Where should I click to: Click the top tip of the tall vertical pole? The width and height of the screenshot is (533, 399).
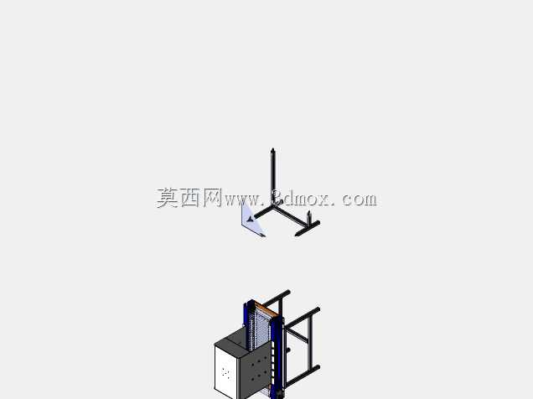(x=272, y=149)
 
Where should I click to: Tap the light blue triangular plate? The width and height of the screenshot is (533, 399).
(x=251, y=221)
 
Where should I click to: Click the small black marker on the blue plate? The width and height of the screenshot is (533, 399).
(x=251, y=219)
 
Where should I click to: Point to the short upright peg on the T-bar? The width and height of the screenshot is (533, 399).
(x=308, y=218)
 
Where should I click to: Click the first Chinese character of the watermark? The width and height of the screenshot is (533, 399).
(x=168, y=198)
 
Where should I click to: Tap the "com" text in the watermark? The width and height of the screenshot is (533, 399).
(x=360, y=199)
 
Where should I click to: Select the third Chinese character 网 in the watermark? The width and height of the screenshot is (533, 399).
(x=213, y=198)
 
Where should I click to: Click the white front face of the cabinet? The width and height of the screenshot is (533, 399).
(x=225, y=372)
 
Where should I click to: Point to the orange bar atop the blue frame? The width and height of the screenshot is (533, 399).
(x=264, y=309)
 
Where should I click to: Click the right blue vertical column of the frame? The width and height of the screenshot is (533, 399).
(x=278, y=357)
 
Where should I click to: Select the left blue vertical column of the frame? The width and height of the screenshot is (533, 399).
(x=246, y=315)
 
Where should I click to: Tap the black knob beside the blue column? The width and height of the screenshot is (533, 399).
(x=288, y=350)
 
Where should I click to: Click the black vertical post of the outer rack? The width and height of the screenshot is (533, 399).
(x=310, y=340)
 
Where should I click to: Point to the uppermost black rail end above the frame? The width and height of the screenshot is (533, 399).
(x=287, y=293)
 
